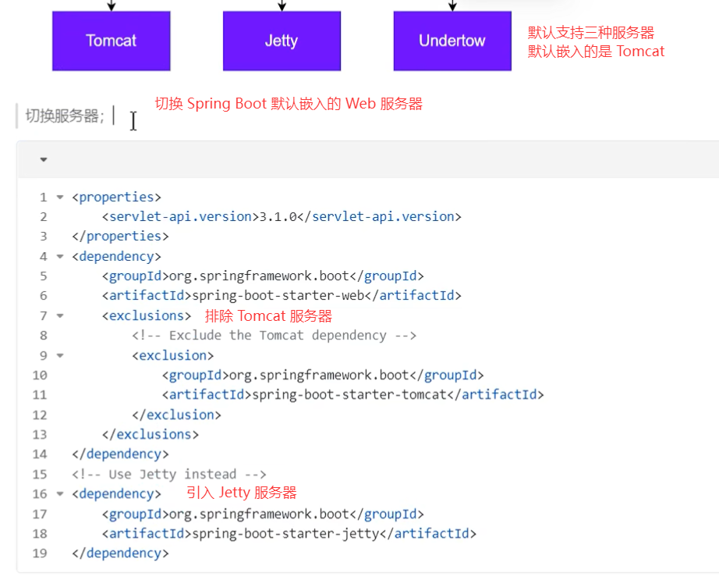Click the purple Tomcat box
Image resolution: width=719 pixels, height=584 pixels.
(111, 41)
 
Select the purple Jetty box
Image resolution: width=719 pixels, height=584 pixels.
(282, 41)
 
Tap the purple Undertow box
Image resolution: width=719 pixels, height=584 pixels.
(452, 41)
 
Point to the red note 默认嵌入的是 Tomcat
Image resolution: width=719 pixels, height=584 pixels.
(597, 52)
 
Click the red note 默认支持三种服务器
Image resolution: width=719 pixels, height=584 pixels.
(591, 33)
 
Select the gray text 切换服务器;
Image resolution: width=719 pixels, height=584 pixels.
(65, 116)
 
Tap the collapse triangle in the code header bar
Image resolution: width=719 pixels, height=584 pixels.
(44, 159)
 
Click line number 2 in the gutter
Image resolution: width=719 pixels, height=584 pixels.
(43, 216)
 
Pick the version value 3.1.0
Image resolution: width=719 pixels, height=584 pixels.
(277, 216)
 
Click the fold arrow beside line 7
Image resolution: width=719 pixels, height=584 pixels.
(60, 315)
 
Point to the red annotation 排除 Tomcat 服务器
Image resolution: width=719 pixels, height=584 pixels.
(268, 315)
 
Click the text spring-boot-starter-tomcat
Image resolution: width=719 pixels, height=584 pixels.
(349, 394)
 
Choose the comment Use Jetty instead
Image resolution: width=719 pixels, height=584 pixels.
(169, 474)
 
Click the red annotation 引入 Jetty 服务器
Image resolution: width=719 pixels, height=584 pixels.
(242, 493)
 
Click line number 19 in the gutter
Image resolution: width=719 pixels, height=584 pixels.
(40, 553)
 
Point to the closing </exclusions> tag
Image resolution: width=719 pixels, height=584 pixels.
(151, 434)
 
